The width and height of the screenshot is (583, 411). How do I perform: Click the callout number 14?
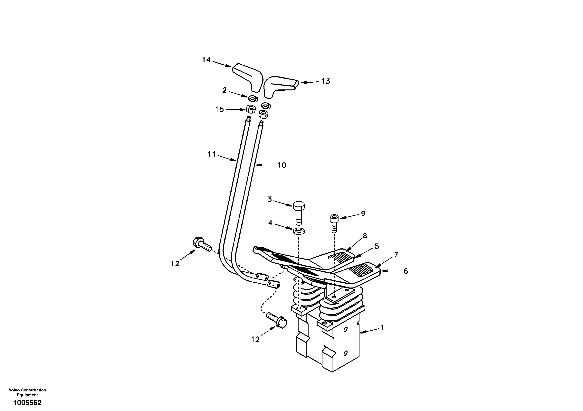(206, 60)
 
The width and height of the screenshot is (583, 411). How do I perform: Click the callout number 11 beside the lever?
(212, 154)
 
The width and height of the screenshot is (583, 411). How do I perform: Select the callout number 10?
(282, 165)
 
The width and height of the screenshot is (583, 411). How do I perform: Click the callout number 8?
(365, 235)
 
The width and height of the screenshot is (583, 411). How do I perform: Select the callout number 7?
(396, 254)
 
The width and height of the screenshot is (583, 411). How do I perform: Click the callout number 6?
(406, 271)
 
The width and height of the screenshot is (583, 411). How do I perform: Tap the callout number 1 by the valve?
(382, 327)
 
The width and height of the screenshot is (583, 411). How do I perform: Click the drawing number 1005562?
(27, 402)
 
